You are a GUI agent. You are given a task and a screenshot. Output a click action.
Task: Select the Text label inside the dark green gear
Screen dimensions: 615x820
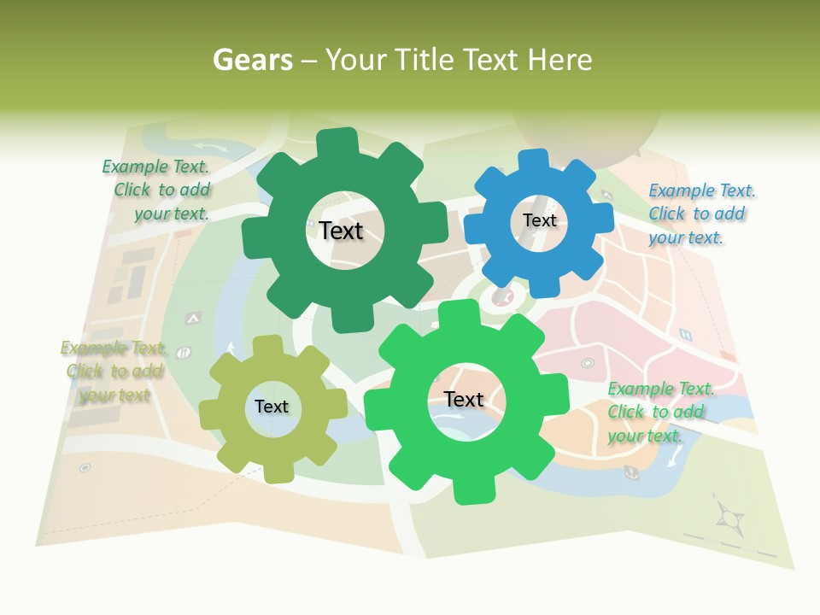tap(341, 231)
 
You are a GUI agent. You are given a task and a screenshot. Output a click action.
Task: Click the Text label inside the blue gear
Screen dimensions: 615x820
tap(539, 220)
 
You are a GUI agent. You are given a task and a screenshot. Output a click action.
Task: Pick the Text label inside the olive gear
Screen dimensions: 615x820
tap(272, 407)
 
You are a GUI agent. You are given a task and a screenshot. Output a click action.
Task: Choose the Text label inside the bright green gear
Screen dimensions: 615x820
tap(464, 399)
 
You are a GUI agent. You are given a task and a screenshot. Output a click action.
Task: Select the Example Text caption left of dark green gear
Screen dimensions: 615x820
tap(156, 190)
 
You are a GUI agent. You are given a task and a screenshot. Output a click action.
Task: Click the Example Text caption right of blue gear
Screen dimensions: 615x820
tap(701, 214)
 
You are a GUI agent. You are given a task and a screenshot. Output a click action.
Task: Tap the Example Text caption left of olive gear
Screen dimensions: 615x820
tap(114, 372)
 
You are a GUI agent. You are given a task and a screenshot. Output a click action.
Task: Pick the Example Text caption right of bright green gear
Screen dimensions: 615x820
tap(660, 412)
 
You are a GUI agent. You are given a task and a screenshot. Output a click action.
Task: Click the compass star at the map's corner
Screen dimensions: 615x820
tap(729, 516)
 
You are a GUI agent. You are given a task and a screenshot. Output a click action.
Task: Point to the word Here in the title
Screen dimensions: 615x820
tap(559, 60)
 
